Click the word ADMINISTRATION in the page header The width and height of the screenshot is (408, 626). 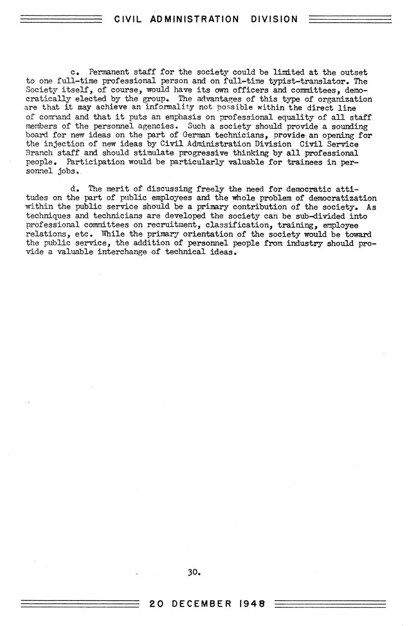(x=194, y=19)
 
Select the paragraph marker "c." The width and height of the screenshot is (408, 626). (x=75, y=72)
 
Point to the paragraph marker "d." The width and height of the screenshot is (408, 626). (x=75, y=188)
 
